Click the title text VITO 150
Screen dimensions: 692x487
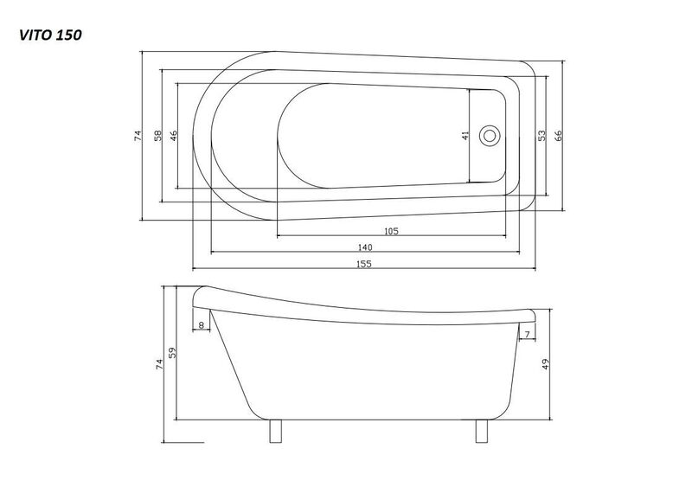coord(50,35)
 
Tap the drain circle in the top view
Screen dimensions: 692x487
coord(490,136)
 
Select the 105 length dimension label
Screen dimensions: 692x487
coord(392,231)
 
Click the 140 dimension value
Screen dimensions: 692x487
coord(365,247)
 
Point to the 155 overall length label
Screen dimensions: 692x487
coord(364,264)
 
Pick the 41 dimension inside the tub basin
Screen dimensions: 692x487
coord(465,136)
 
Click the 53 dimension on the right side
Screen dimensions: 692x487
coord(542,135)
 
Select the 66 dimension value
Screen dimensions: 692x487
coord(559,135)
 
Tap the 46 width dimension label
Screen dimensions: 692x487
coord(173,136)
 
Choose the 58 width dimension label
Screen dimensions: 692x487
coord(157,136)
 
